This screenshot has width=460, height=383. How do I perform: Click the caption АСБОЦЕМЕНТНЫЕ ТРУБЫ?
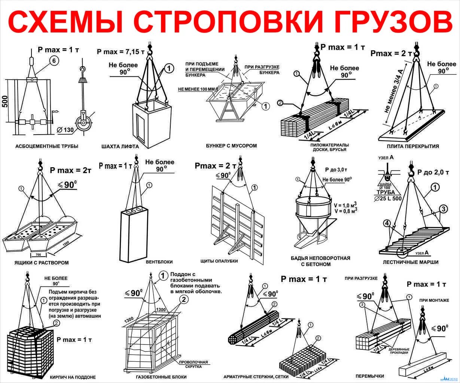click(47, 146)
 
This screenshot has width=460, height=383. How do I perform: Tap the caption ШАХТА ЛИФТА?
click(120, 147)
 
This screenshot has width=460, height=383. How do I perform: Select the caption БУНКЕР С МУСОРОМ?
click(231, 145)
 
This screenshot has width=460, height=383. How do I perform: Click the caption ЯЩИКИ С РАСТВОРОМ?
click(41, 263)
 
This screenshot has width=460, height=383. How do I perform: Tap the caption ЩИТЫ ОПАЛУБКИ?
click(219, 261)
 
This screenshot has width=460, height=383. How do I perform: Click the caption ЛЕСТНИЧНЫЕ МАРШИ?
click(411, 262)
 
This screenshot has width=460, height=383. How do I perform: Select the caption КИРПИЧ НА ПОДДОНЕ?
click(73, 377)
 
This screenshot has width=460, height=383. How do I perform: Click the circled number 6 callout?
click(54, 62)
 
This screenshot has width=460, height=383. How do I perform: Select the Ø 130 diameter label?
click(66, 129)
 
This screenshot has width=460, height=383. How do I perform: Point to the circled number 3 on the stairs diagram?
click(443, 208)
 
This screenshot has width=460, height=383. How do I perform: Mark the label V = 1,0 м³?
click(345, 205)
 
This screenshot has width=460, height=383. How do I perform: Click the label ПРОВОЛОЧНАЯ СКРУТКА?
click(193, 364)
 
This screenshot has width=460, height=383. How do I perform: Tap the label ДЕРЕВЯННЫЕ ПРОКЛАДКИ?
click(399, 351)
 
